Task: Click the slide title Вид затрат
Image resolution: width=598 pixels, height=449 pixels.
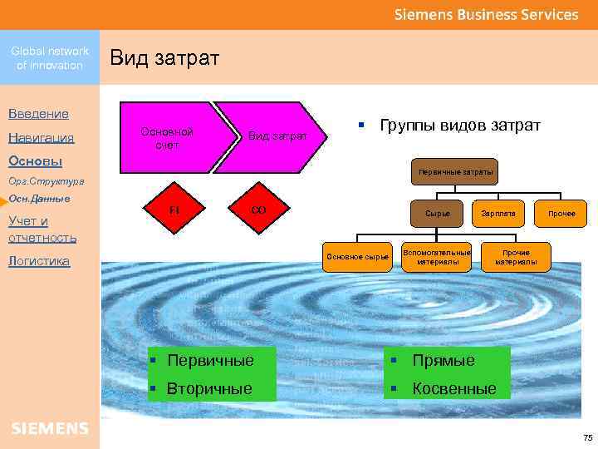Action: coord(164,58)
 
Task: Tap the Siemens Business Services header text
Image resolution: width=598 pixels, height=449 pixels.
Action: coord(486,14)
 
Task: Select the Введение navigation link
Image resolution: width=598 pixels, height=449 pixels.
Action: coord(38,113)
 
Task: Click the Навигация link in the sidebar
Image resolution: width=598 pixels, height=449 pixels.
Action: coord(41,138)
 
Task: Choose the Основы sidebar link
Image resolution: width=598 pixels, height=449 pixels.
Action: coord(35,160)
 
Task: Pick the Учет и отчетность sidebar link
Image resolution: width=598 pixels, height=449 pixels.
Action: coord(42,229)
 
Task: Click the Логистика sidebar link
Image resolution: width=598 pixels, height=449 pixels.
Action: coord(39,261)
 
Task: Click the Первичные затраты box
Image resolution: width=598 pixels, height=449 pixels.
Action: coord(455,172)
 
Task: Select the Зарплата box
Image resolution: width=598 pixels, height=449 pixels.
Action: coord(498,214)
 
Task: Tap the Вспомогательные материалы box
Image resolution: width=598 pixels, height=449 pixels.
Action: coord(436,256)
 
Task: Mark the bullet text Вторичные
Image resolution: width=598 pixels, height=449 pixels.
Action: coord(210,388)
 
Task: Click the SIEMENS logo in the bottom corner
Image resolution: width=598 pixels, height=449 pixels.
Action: coord(50,428)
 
